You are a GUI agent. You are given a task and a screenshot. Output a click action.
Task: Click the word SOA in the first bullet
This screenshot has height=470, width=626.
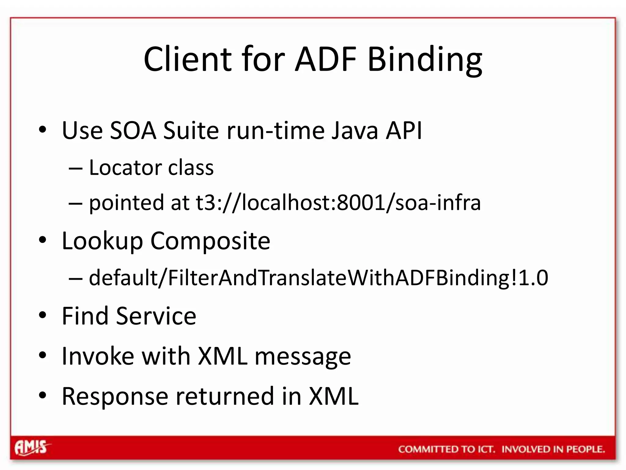(x=133, y=131)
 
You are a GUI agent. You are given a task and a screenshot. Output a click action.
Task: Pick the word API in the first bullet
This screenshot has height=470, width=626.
(x=404, y=131)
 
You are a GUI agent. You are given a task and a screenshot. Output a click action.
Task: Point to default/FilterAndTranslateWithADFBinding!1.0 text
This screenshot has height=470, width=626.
(x=318, y=278)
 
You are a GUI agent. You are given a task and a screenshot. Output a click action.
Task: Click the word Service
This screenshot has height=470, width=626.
(x=156, y=316)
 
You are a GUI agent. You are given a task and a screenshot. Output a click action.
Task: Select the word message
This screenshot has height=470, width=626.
(x=303, y=357)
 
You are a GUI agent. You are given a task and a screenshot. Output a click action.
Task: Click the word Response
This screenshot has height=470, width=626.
(x=115, y=397)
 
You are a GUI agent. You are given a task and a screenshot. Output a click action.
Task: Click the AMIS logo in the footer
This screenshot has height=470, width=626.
(x=31, y=448)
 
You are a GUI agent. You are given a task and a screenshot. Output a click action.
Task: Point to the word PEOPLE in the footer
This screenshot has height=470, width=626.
(x=585, y=449)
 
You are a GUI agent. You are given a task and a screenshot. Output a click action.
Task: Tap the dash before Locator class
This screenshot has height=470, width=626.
(x=75, y=168)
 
